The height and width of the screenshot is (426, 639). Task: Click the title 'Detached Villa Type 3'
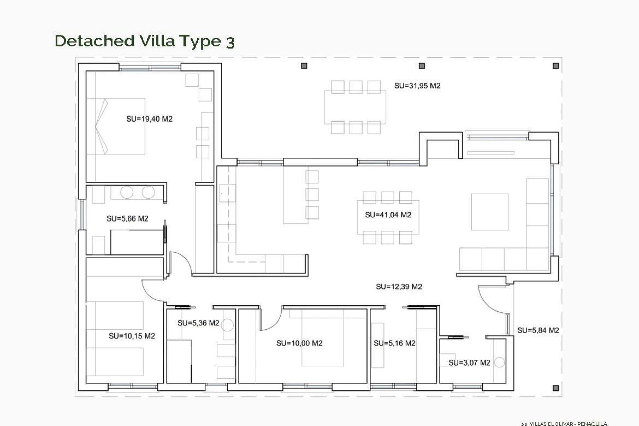point(145,41)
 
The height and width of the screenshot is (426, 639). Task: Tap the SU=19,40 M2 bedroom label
point(149,119)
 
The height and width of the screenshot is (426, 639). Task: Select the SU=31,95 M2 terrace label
point(417,86)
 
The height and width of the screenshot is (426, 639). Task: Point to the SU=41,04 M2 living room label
point(388,215)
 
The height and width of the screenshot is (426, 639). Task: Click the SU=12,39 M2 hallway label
point(399,287)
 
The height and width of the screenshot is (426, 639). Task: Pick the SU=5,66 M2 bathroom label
point(127,219)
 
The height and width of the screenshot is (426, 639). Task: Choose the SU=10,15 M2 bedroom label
point(132,336)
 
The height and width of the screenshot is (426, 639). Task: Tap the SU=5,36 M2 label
point(198,323)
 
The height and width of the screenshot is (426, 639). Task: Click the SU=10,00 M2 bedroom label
point(299,343)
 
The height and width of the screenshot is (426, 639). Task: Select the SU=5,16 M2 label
point(394,343)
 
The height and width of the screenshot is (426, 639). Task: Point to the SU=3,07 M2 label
point(469,363)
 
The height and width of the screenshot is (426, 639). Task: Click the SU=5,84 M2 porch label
point(538,330)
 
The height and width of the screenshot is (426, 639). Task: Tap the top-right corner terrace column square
point(555,66)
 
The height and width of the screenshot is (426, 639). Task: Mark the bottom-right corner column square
point(555,388)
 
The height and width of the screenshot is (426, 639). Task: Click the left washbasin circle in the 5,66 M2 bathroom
point(127,192)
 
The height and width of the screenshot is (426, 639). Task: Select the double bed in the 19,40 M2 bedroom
point(116,126)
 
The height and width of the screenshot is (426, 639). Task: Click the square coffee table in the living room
point(490,212)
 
